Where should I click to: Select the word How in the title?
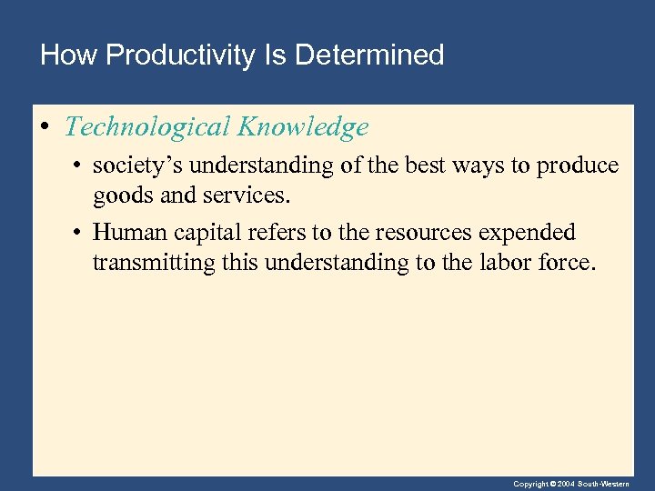tap(67, 55)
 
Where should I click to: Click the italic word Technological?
tap(148, 127)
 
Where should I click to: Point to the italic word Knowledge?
tap(303, 127)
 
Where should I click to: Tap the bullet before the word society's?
tap(80, 166)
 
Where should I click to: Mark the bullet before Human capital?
tap(80, 233)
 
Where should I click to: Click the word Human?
tap(127, 233)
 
